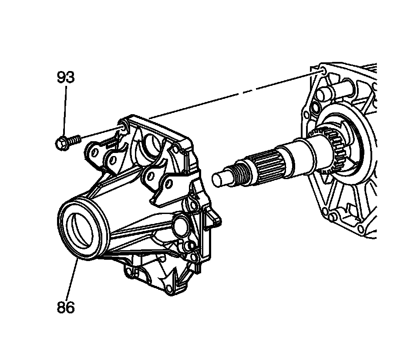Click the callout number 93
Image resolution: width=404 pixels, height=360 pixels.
(66, 77)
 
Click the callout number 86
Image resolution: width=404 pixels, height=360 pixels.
(66, 307)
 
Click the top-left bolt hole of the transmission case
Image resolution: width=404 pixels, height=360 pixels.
(322, 70)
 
